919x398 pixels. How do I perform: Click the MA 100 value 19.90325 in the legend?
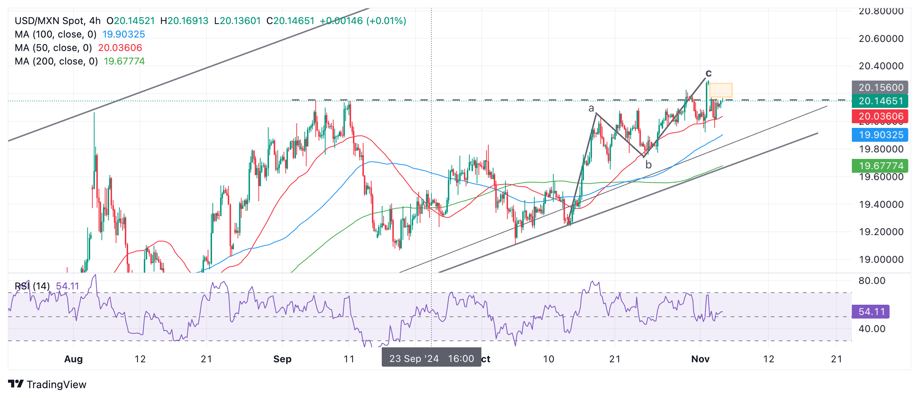click(x=123, y=34)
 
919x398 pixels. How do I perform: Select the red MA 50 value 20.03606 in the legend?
click(x=120, y=48)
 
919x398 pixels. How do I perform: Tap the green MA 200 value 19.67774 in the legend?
click(x=124, y=61)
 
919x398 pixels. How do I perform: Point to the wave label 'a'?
click(x=591, y=108)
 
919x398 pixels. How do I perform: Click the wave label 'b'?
click(x=648, y=165)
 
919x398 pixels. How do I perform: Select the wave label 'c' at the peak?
click(x=708, y=73)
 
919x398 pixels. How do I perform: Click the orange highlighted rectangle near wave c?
click(x=721, y=90)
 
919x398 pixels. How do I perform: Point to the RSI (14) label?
click(x=32, y=286)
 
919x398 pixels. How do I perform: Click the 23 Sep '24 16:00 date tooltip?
click(x=431, y=359)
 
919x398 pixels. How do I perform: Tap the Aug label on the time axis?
click(x=73, y=359)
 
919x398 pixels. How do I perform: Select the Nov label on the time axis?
click(x=700, y=359)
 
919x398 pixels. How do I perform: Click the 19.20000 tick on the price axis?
click(x=881, y=232)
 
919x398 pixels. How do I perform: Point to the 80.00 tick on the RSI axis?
click(x=872, y=281)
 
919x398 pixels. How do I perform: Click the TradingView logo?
click(x=47, y=385)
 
